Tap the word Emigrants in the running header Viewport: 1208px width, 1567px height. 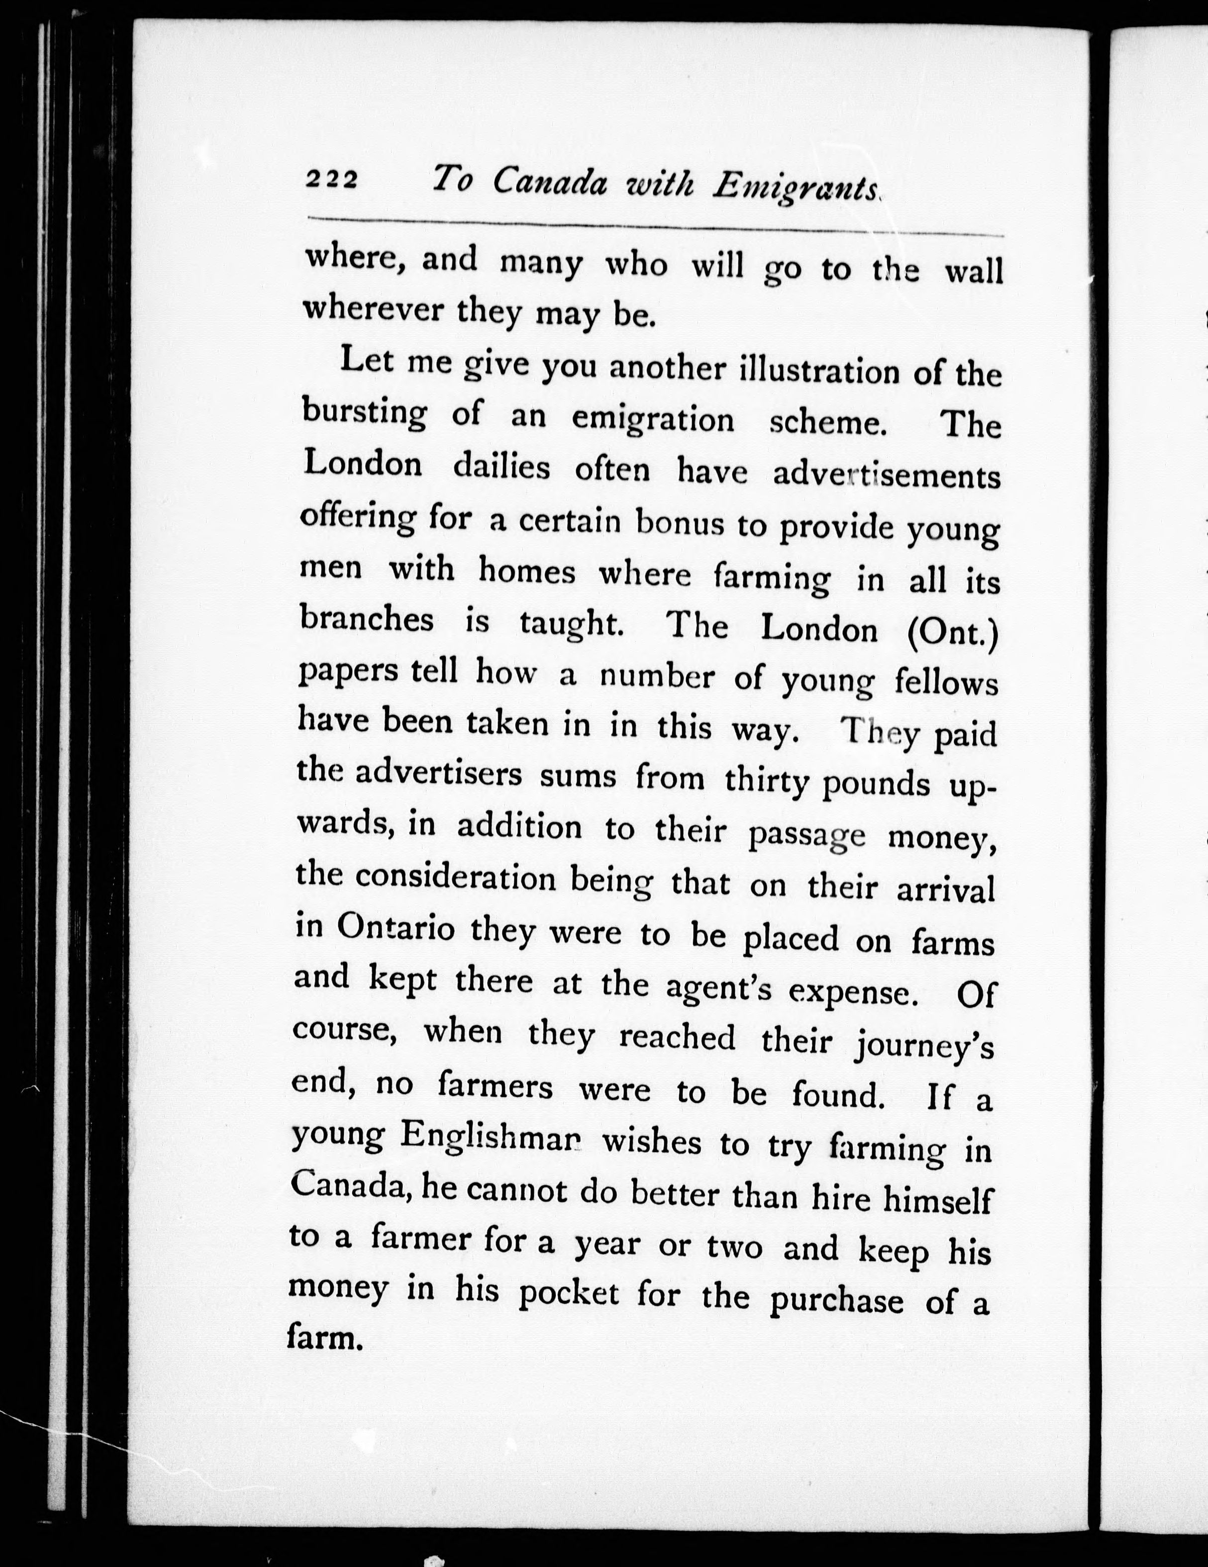click(796, 189)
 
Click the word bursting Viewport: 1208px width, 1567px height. click(363, 413)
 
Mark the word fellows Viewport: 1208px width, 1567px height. click(946, 683)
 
